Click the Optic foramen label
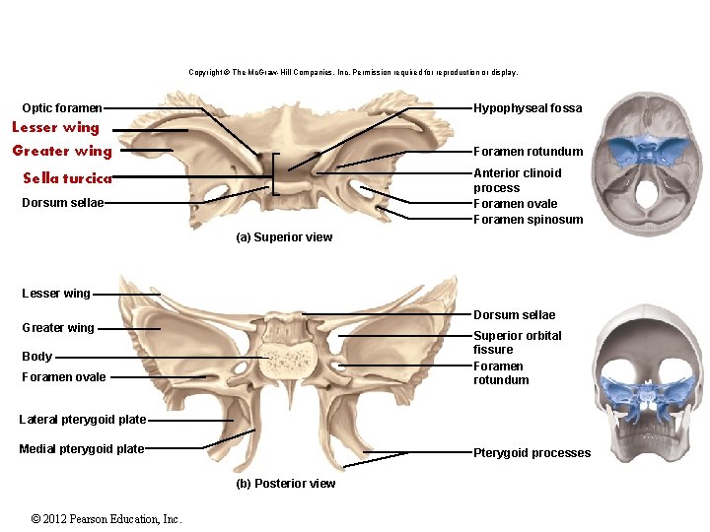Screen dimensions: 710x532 pyautogui.click(x=62, y=108)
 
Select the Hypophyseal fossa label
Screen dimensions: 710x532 pyautogui.click(x=528, y=108)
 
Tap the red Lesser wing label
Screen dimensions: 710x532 pyautogui.click(x=55, y=127)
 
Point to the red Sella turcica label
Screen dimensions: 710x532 pyautogui.click(x=67, y=178)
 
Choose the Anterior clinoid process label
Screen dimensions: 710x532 pyautogui.click(x=517, y=180)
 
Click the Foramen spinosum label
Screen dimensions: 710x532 pyautogui.click(x=528, y=220)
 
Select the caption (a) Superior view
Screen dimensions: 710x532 pyautogui.click(x=284, y=237)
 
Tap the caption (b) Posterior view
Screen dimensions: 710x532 pyautogui.click(x=286, y=484)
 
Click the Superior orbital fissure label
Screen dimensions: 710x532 pyautogui.click(x=517, y=342)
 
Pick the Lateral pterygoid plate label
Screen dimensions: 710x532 pyautogui.click(x=83, y=420)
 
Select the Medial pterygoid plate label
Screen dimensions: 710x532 pyautogui.click(x=82, y=449)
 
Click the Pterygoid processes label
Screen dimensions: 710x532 pyautogui.click(x=532, y=453)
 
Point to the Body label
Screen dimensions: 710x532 pyautogui.click(x=37, y=357)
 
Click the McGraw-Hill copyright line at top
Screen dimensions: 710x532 pyautogui.click(x=353, y=72)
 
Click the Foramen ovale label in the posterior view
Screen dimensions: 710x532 pyautogui.click(x=64, y=377)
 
